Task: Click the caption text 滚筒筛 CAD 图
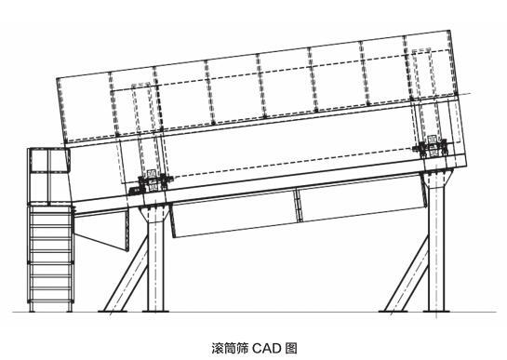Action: click(x=252, y=348)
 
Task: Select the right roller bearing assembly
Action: click(x=434, y=146)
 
